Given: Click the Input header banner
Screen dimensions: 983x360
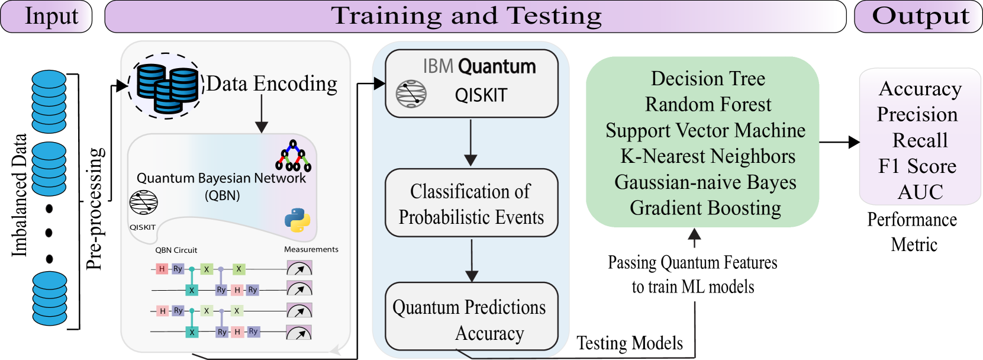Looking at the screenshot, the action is click(46, 17).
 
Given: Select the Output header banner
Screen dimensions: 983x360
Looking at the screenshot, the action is click(918, 17).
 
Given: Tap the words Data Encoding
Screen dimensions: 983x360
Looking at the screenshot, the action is click(272, 84).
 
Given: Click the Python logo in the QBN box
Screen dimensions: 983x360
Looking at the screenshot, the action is click(297, 220).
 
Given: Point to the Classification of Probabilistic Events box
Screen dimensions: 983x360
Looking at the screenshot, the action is click(471, 203).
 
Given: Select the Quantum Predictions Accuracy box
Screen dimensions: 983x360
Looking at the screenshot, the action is click(471, 316).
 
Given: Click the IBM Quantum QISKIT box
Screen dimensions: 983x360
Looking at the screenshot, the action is click(471, 83).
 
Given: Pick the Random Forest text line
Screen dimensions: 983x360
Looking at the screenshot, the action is click(708, 104).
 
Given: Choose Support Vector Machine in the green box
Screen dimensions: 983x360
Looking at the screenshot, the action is click(705, 130).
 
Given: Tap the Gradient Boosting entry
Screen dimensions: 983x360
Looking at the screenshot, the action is click(705, 208).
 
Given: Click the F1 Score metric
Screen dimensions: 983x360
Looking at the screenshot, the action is click(917, 166).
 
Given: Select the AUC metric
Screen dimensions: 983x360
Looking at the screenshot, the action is click(920, 192).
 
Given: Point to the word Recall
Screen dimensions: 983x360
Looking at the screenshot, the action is click(920, 140).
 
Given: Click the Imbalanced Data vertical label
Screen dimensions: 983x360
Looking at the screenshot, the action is click(19, 195).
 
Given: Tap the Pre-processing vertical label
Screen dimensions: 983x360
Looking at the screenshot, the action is click(95, 208).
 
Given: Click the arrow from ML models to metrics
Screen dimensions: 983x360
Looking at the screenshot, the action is click(840, 142).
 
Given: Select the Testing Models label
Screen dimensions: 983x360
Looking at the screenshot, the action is click(630, 343).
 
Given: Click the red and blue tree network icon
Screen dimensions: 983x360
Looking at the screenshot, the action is click(293, 156).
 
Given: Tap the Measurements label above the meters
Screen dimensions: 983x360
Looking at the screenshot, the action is click(311, 249).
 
